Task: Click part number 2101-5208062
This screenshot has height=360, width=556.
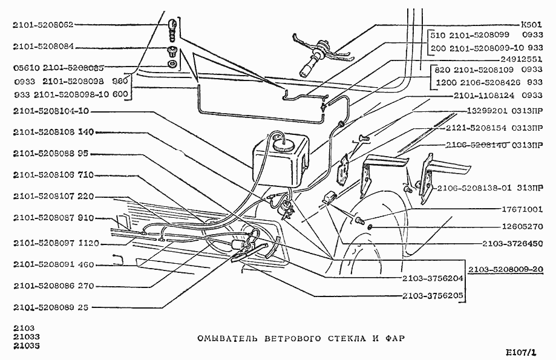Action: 42,25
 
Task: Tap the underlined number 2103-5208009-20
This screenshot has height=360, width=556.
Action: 507,270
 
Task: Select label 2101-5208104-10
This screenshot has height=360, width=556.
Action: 51,111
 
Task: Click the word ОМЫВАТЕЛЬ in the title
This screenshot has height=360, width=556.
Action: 227,338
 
